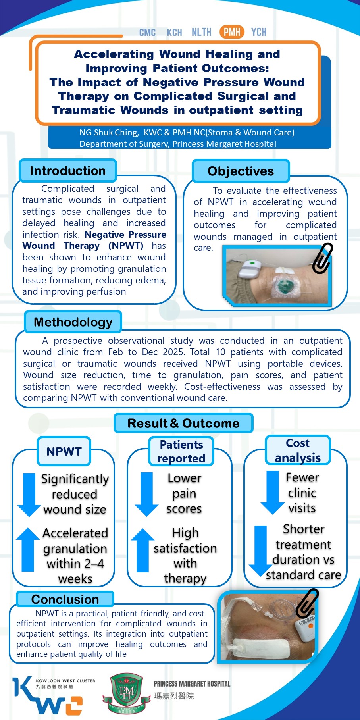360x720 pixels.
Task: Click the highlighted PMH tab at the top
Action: pos(232,32)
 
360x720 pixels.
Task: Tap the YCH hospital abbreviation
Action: pos(258,32)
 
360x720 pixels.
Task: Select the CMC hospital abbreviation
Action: pos(147,32)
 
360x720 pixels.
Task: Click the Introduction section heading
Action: pos(67,171)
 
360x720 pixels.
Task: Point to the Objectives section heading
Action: pos(241,171)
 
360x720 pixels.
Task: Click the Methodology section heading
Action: pos(73,322)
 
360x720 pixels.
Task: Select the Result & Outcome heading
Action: pos(183,423)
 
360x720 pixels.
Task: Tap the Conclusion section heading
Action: pos(65,599)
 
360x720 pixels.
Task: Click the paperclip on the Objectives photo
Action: pos(322,258)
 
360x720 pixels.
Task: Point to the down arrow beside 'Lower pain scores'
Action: pos(146,494)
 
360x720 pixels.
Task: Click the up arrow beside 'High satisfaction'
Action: pos(142,550)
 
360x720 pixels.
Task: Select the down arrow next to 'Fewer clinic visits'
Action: pos(272,492)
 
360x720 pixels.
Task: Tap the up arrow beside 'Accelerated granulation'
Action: pos(28,549)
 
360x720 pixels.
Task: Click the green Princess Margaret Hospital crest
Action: pos(127,693)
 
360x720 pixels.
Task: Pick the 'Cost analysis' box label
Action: pos(298,450)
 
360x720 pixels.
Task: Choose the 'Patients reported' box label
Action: pos(181,451)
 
